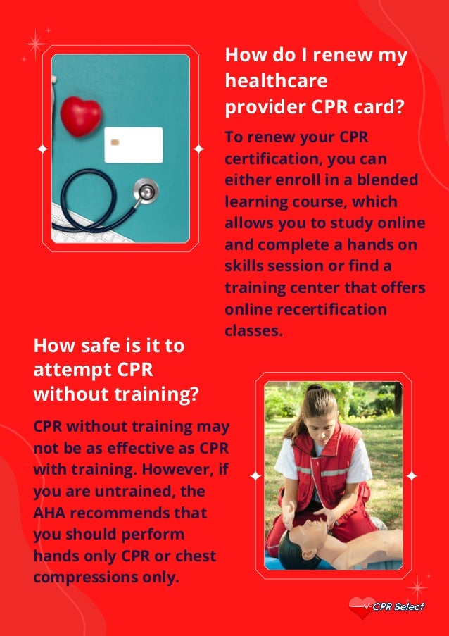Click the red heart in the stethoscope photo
81,116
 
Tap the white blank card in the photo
134,145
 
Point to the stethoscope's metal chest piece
147,191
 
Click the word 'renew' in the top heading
339,56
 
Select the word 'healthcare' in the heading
276,81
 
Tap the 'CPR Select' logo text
399,606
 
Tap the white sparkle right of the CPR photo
412,476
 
